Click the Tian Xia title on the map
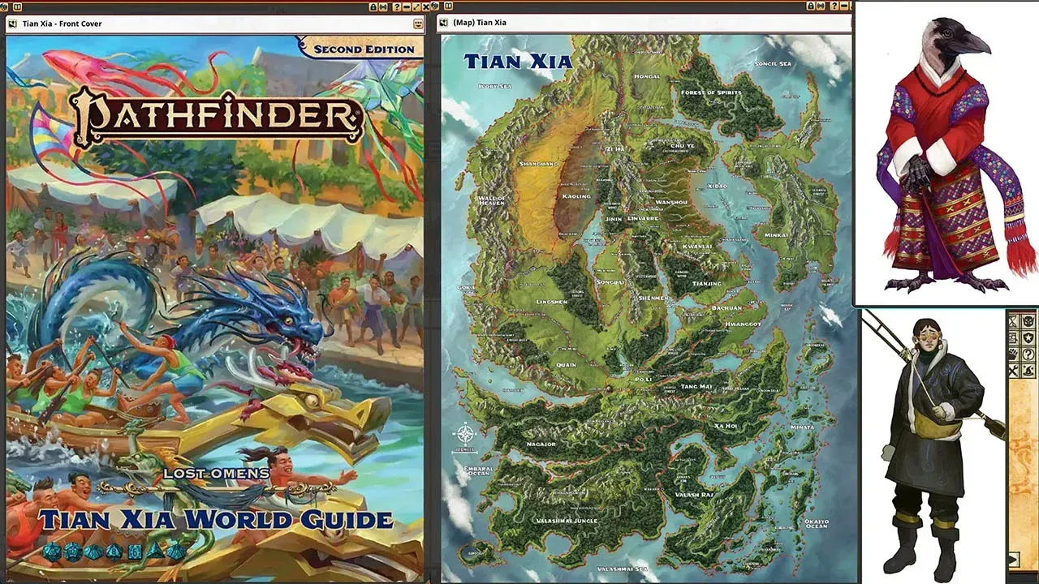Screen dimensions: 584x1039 coord(517,61)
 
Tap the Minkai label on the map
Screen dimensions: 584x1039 coord(776,235)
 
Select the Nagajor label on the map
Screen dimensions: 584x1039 coord(541,444)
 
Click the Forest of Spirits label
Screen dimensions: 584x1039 coord(711,92)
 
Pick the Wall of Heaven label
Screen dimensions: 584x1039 coord(491,200)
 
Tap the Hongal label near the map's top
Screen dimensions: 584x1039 coord(647,76)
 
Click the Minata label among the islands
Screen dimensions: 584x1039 coord(802,427)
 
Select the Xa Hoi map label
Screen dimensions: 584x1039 coord(725,426)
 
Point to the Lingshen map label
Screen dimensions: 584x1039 coord(552,302)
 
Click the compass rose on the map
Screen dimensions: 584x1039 coord(466,434)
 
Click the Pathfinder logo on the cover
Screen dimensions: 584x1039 coord(214,116)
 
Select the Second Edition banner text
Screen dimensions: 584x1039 coord(364,49)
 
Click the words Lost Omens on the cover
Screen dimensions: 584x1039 coord(216,473)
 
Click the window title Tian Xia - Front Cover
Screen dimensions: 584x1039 coord(62,24)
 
